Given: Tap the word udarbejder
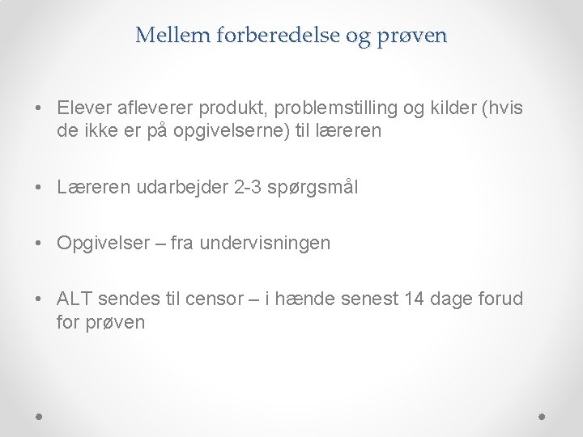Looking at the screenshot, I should [178, 188].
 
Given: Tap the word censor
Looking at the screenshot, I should [214, 299].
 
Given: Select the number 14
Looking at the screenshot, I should [414, 299].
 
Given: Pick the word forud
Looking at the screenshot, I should [501, 299].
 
